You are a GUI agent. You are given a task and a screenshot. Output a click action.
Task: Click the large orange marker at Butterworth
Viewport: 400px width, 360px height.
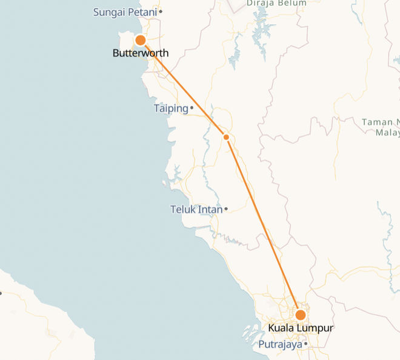140,40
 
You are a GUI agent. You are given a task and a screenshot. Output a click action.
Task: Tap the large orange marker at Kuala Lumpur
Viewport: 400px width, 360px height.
300,315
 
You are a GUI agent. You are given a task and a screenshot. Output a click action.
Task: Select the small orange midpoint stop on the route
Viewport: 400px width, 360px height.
226,137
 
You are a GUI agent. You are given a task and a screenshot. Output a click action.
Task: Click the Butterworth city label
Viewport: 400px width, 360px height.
141,53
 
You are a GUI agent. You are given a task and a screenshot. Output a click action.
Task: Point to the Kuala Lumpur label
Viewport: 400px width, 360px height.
301,328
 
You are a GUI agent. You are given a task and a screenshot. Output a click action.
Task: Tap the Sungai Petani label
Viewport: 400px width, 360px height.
125,12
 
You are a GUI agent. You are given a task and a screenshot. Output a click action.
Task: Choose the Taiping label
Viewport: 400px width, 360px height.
171,108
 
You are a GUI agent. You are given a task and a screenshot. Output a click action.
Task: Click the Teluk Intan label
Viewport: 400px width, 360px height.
196,210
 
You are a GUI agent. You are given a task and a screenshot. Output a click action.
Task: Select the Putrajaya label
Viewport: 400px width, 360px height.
280,345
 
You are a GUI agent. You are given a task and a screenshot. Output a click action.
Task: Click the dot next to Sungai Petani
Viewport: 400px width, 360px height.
161,12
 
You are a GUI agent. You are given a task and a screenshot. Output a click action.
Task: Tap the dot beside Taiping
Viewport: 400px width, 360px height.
192,108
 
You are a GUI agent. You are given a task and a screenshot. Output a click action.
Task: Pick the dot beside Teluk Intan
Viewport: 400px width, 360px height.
226,210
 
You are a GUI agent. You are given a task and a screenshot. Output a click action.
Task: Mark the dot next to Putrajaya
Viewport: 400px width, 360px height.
306,344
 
